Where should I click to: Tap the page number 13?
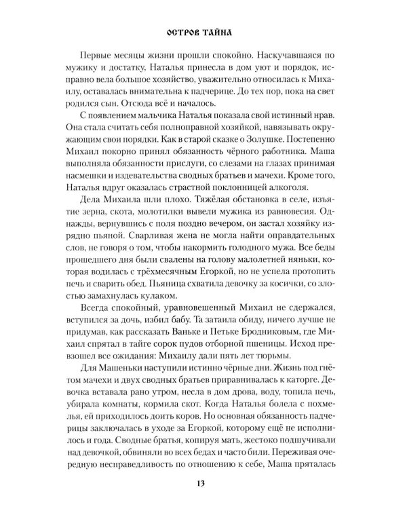(203, 483)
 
